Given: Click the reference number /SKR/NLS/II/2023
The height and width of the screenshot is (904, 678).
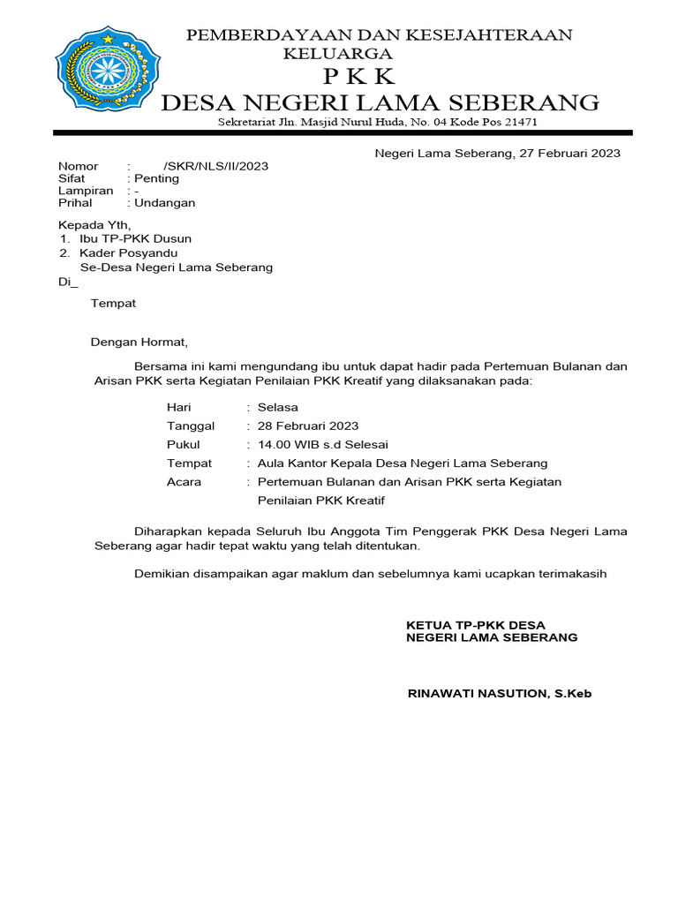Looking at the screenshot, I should (x=215, y=166).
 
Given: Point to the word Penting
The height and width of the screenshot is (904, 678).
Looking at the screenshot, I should (x=156, y=178).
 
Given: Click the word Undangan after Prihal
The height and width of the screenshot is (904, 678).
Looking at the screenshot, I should (x=164, y=202).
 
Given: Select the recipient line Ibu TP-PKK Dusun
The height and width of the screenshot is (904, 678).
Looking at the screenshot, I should (x=135, y=238).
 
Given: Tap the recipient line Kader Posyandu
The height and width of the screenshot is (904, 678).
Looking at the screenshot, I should (x=129, y=252).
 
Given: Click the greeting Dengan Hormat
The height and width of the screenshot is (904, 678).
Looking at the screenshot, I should (x=140, y=342).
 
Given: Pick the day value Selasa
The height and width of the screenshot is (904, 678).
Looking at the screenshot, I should (x=277, y=407).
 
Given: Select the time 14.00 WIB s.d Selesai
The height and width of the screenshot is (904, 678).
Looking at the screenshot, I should (x=322, y=444).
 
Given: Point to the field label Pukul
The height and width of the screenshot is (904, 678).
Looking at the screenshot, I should (x=183, y=444).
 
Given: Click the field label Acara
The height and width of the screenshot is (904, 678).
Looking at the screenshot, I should (x=184, y=482).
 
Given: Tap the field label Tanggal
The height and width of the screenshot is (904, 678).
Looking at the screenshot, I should (x=191, y=426).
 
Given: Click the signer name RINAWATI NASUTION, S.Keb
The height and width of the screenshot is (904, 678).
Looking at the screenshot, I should (x=499, y=694).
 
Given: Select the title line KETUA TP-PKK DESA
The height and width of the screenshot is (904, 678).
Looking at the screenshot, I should (x=476, y=625).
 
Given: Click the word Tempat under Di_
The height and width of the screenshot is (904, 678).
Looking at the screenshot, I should (x=113, y=304).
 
